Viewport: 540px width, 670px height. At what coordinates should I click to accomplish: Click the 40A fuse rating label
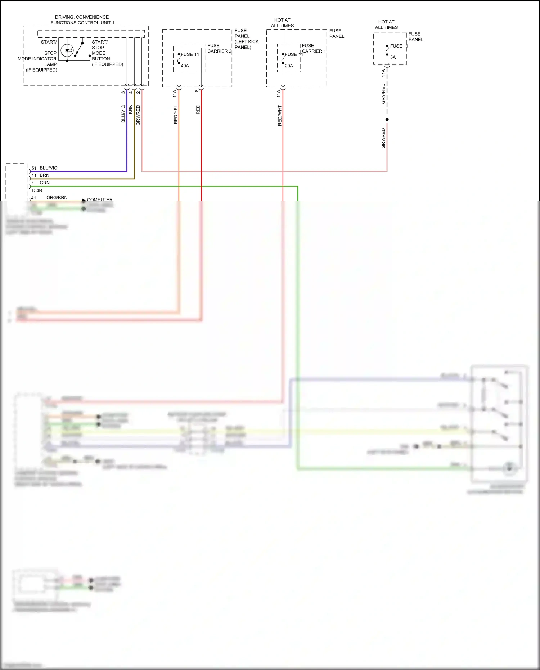185,66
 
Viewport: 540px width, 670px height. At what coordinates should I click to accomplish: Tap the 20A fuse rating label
289,66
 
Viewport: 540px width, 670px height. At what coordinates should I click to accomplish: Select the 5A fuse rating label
393,57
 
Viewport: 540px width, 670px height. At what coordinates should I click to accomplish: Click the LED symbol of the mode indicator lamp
67,50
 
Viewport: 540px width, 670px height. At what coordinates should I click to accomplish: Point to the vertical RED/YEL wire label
176,114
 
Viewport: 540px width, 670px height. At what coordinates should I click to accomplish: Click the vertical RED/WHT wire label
280,115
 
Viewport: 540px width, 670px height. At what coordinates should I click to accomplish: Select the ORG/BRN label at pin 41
57,198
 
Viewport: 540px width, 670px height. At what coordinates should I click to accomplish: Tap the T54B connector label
36,190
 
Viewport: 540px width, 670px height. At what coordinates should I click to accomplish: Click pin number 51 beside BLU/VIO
34,168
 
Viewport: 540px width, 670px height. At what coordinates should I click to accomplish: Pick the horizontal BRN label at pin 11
45,175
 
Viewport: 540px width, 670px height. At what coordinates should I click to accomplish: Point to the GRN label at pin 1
45,183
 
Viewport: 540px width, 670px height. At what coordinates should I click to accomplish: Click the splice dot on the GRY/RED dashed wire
387,120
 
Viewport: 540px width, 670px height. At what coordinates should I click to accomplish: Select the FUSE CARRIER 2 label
219,48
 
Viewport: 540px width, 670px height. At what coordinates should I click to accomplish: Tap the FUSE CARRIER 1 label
314,48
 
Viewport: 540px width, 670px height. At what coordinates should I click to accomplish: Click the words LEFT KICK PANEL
247,44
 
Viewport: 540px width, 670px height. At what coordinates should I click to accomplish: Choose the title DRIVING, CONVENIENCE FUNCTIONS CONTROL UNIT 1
82,20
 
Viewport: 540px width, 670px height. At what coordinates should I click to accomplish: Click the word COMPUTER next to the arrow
100,199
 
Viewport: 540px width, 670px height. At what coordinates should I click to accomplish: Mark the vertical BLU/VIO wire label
123,114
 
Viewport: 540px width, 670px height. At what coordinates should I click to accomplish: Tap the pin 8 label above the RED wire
197,91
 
